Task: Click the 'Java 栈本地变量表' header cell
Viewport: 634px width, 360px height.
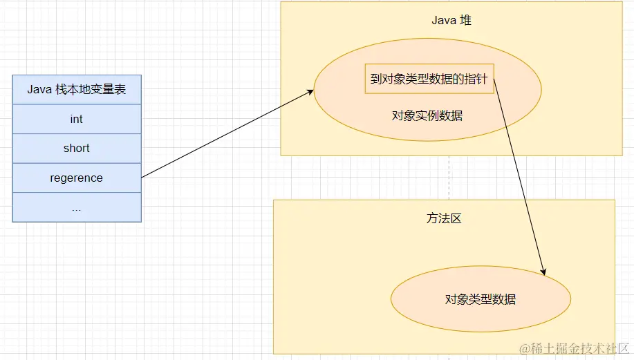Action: coord(77,90)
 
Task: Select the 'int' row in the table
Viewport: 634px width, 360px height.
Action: coord(77,120)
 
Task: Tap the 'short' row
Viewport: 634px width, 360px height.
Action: coord(77,149)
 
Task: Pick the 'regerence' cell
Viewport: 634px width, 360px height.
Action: coord(77,178)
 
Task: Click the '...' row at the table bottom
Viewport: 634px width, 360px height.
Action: coord(77,207)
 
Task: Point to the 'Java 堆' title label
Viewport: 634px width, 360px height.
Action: coord(451,20)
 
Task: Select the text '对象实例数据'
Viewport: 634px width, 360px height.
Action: coord(427,115)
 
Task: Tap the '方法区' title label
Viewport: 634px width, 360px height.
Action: coord(444,218)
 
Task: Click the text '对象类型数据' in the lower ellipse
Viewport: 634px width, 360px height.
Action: coord(481,299)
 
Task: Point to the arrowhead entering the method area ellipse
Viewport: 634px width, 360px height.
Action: coord(544,271)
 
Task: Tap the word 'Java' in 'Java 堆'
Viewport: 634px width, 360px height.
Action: coord(444,20)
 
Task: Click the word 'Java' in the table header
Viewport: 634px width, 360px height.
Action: coord(39,90)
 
